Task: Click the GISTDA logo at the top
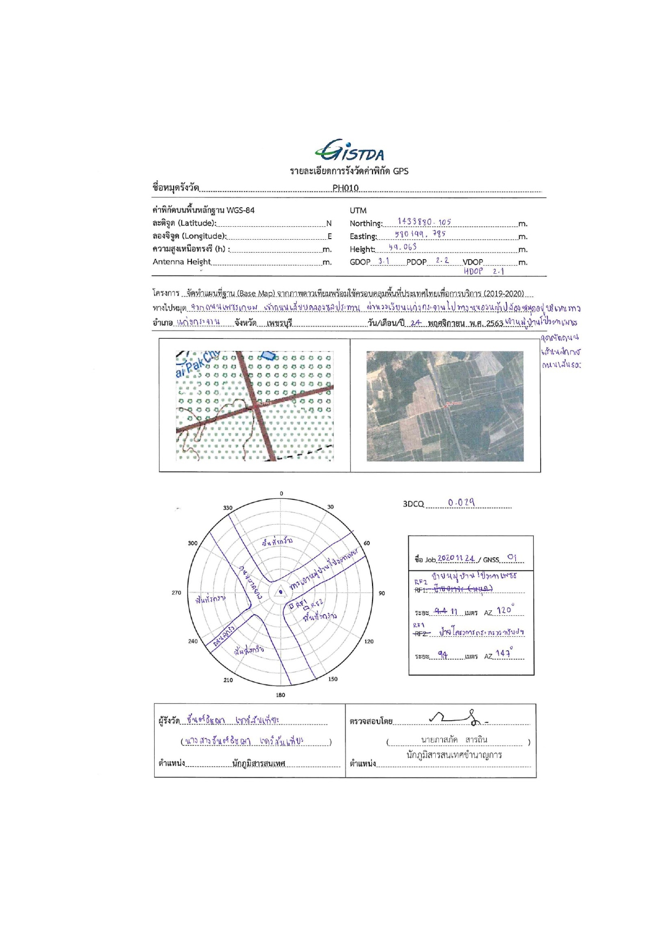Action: [x=349, y=151]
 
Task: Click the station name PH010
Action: [x=346, y=188]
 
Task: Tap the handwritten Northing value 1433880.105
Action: [x=424, y=222]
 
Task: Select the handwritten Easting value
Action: [x=420, y=234]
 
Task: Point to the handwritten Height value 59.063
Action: [x=403, y=247]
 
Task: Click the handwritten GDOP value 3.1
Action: [x=383, y=261]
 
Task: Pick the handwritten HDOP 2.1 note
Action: [x=484, y=271]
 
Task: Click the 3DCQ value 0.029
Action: [x=461, y=503]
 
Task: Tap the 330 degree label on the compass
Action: [x=228, y=508]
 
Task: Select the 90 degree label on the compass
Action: [x=382, y=594]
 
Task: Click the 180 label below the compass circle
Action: [x=280, y=695]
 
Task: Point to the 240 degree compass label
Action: [x=192, y=641]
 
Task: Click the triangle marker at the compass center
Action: [x=280, y=592]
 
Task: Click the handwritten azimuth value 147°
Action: [x=504, y=654]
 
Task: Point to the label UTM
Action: [x=358, y=210]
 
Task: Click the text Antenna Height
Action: [x=182, y=262]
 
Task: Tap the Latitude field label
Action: [x=184, y=223]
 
